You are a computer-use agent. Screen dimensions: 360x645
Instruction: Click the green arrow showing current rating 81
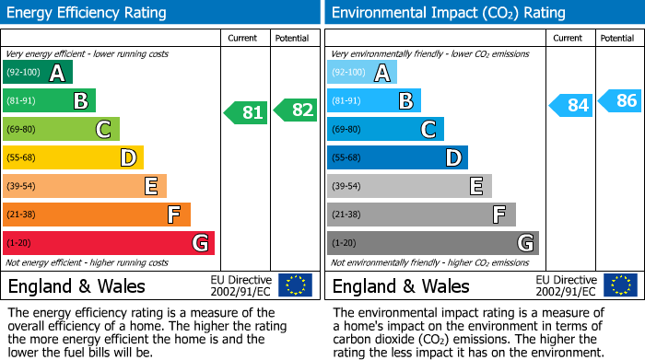click(246, 113)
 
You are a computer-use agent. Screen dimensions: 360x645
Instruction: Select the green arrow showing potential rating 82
click(296, 110)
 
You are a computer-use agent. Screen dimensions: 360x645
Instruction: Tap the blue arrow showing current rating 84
click(571, 105)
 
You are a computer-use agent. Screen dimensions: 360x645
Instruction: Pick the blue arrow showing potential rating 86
click(620, 100)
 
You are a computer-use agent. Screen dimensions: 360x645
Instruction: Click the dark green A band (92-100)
click(38, 73)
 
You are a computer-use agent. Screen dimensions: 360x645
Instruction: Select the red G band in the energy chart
click(109, 243)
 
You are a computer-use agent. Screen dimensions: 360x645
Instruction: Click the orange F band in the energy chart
click(97, 215)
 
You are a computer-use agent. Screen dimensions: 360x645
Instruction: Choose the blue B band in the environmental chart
click(374, 100)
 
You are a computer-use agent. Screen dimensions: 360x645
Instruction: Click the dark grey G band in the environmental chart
click(432, 243)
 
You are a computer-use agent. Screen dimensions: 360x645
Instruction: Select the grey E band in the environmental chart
click(409, 186)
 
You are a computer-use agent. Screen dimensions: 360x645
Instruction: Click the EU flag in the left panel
click(295, 285)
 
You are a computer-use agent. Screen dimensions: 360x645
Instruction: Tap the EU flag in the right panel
click(620, 285)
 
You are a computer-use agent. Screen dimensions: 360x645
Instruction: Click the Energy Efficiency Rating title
click(88, 13)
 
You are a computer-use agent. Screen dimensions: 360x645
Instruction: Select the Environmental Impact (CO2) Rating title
click(448, 13)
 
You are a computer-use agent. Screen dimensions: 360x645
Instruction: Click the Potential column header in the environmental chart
click(617, 38)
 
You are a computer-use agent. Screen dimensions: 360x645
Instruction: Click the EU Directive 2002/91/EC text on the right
click(565, 285)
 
